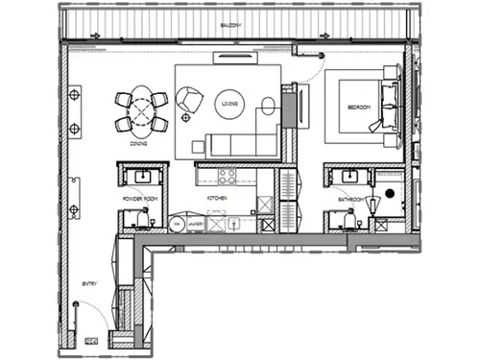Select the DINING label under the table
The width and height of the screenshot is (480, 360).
[x=138, y=142]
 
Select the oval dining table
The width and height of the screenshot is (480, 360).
[x=140, y=111]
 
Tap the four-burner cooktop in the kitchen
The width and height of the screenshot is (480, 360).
[x=228, y=176]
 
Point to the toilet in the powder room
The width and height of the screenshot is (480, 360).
[x=140, y=219]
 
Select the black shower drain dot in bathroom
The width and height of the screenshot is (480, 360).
[x=391, y=195]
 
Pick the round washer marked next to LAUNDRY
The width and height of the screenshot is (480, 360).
[x=178, y=224]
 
